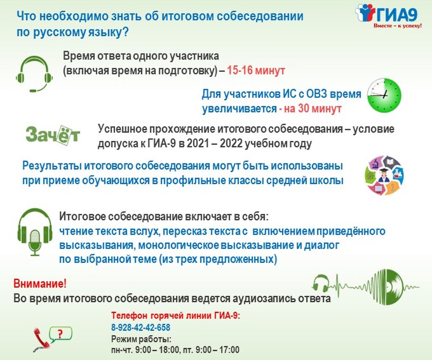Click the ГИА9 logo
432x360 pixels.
(x=389, y=15)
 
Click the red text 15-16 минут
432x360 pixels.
(x=256, y=70)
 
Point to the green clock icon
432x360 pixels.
(x=385, y=95)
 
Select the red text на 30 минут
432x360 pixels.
(x=313, y=108)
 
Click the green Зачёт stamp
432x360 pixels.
(x=53, y=135)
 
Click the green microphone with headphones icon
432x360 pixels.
(x=35, y=232)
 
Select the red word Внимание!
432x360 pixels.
(x=40, y=283)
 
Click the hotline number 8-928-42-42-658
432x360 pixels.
(x=141, y=327)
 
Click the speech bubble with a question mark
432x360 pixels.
(x=60, y=334)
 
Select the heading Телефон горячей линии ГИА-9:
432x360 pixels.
(x=176, y=315)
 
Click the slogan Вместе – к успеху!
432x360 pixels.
(x=397, y=26)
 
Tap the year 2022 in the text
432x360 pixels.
(x=231, y=143)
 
